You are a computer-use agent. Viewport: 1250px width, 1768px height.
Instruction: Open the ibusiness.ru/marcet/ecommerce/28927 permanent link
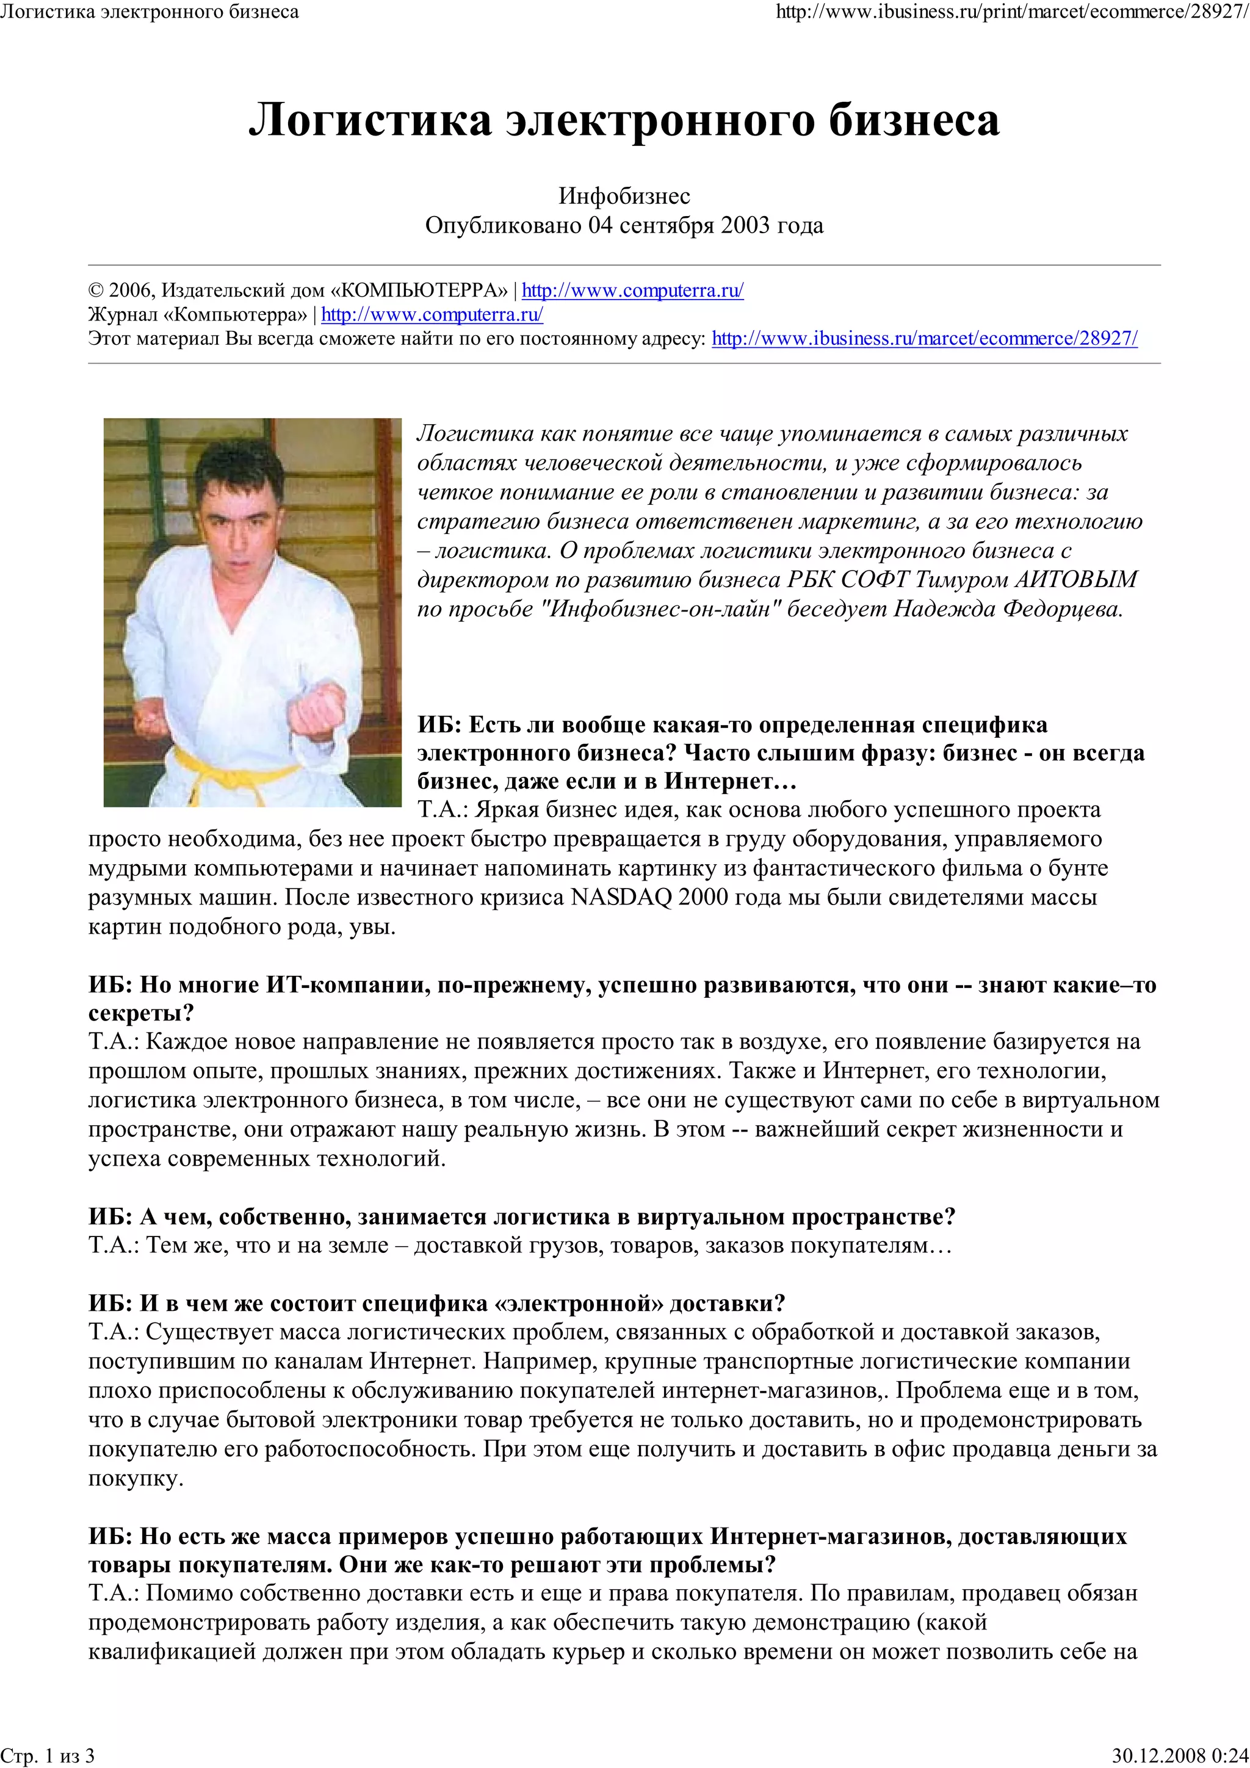[x=924, y=338]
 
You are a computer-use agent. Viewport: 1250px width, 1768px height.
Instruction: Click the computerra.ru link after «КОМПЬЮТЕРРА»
[x=632, y=290]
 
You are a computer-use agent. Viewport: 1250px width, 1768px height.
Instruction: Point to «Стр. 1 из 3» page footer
[x=48, y=1755]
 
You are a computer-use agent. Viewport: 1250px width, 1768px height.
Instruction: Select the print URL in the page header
[x=1012, y=12]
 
